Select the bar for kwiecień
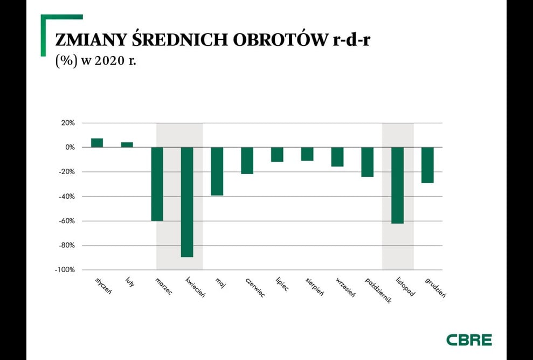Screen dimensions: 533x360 click(x=187, y=202)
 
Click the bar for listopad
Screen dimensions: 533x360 click(x=397, y=185)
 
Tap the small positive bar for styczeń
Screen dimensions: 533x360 click(x=97, y=143)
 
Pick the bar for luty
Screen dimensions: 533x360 click(x=127, y=145)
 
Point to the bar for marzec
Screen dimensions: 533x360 click(x=157, y=184)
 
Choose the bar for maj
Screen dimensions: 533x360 click(x=217, y=171)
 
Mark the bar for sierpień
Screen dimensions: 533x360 click(x=307, y=154)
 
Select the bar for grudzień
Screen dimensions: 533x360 click(x=427, y=165)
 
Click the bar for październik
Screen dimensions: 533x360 click(x=368, y=162)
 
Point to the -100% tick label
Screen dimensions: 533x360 click(x=65, y=270)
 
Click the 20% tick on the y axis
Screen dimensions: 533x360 click(x=68, y=123)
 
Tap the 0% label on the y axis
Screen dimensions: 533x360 click(x=70, y=148)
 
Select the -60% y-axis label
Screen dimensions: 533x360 click(x=66, y=221)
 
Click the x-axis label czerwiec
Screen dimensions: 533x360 click(x=255, y=288)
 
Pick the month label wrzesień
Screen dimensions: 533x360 click(x=345, y=287)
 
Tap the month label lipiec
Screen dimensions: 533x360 click(x=282, y=284)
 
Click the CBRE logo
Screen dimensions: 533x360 click(x=469, y=340)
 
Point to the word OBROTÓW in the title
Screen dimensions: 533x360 click(x=279, y=40)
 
